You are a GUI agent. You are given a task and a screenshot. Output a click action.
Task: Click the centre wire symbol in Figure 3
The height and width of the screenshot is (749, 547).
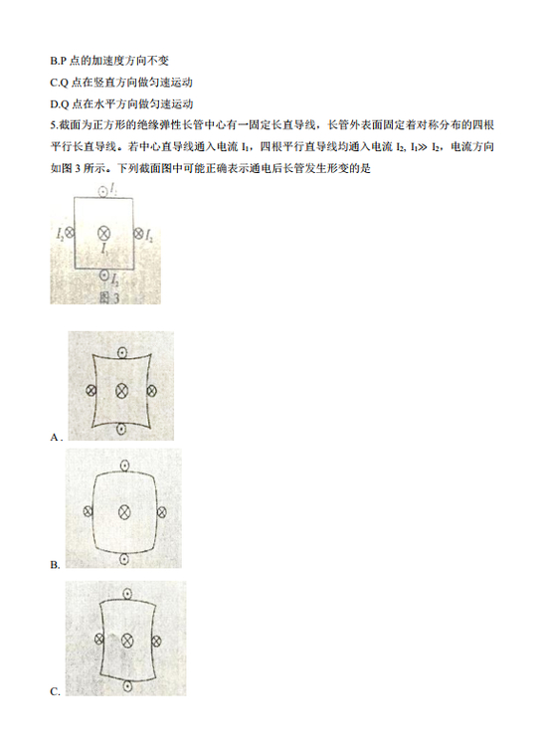[x=103, y=233]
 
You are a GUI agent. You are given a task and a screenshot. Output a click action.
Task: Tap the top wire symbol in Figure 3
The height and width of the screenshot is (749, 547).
[x=102, y=192]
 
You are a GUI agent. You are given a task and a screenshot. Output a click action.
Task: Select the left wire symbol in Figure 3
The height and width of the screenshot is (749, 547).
[x=70, y=233]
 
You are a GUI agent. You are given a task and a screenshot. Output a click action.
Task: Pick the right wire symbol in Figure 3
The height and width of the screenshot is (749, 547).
[x=138, y=233]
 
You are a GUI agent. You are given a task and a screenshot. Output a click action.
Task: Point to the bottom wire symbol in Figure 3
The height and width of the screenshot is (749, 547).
[x=104, y=276]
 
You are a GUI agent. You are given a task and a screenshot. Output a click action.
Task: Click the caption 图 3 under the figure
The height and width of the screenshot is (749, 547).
[x=109, y=297]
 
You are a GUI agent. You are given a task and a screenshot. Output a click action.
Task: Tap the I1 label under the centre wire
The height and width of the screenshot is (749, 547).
[x=104, y=248]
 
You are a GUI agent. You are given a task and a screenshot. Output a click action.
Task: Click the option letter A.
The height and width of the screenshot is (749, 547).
[x=56, y=437]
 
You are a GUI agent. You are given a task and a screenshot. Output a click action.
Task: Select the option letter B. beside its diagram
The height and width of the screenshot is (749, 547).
[x=55, y=565]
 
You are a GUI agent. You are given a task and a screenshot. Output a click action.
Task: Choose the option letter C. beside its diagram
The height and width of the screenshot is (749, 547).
[x=55, y=691]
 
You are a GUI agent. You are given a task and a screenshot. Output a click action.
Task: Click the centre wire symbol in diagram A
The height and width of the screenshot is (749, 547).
[x=122, y=391]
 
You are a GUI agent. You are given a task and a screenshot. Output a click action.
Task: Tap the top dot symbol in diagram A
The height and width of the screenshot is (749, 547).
[x=122, y=353]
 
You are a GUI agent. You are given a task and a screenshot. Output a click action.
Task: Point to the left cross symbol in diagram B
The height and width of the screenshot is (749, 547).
[x=88, y=511]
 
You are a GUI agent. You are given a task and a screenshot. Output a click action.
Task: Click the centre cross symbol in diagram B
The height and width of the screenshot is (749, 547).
[x=124, y=512]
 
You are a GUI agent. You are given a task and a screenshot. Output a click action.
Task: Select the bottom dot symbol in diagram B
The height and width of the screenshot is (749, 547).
[x=124, y=558]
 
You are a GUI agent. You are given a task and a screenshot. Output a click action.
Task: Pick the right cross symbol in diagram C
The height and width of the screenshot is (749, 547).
[x=156, y=641]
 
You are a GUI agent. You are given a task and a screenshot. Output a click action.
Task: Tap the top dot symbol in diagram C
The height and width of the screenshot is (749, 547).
[x=127, y=594]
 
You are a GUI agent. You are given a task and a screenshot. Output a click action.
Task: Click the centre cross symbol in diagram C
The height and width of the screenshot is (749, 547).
[x=127, y=641]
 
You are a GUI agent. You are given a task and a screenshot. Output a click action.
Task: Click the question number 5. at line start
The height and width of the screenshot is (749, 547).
[x=54, y=125]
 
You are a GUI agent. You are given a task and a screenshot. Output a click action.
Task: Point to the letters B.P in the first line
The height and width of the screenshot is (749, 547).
[x=58, y=61]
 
